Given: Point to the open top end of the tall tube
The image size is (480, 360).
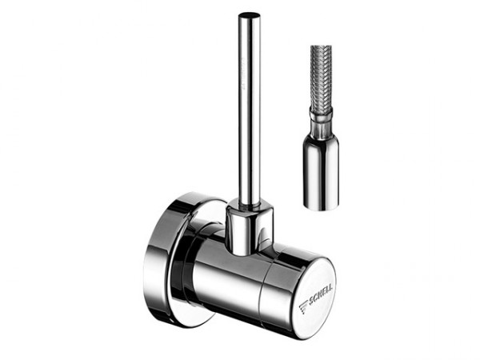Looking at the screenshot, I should pyautogui.click(x=249, y=15).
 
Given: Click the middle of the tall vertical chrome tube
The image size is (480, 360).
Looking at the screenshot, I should pyautogui.click(x=249, y=112).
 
